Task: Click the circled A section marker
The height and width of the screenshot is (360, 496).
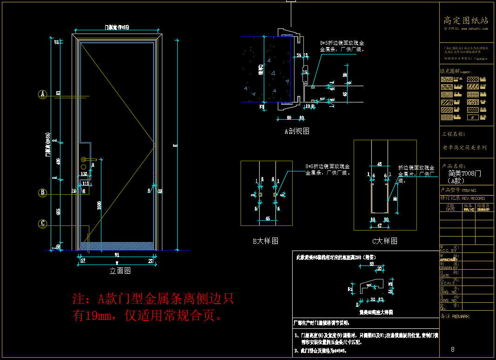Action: point(42,95)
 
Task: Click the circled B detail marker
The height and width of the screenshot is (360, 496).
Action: point(42,192)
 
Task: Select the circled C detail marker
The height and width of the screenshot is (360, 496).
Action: point(42,224)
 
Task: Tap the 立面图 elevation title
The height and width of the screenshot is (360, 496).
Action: point(120,271)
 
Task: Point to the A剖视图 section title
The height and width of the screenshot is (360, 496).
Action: point(297,131)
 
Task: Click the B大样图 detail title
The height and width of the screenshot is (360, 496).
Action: point(265,241)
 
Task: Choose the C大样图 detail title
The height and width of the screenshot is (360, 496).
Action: point(384,241)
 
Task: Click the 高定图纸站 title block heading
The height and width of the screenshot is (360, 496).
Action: point(466,20)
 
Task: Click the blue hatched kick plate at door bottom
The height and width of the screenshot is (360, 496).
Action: point(117,245)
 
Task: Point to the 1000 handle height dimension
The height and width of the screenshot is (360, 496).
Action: point(99,205)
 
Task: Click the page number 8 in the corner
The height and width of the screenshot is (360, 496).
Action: point(453,349)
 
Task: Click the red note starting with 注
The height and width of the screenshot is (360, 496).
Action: point(153,307)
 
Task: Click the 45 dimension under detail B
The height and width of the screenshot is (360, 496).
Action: point(268,218)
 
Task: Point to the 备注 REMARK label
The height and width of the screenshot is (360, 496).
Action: point(455,316)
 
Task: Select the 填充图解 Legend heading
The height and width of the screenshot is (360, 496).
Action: point(456,72)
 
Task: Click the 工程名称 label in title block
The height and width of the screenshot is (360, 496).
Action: point(454,134)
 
